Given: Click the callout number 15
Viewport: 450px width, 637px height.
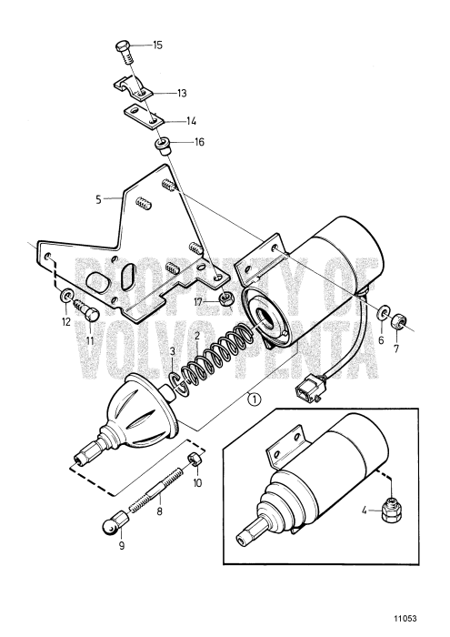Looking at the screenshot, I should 158,45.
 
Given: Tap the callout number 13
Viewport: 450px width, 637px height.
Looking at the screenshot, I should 181,93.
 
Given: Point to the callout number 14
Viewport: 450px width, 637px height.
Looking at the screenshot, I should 191,120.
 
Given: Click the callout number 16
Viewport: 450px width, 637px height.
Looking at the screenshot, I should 198,142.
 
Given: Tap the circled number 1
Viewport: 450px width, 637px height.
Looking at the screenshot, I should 255,398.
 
